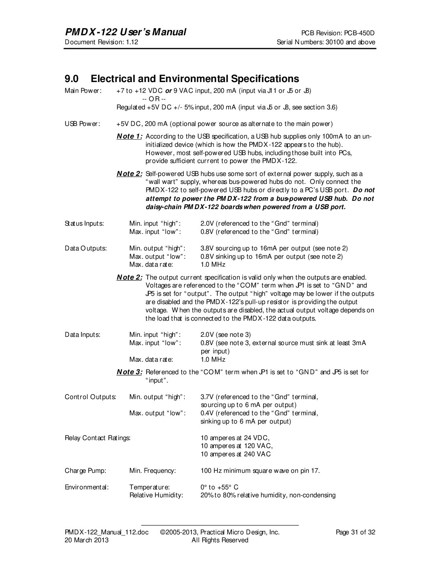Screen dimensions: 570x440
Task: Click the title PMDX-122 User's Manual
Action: [x=125, y=32]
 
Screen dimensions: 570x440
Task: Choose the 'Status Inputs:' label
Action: [x=84, y=224]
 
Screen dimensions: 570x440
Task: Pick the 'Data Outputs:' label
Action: [x=86, y=248]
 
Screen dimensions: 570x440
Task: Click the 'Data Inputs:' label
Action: [x=82, y=335]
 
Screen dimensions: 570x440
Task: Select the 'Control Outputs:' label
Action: [x=90, y=397]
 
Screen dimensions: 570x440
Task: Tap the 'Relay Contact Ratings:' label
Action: [x=97, y=438]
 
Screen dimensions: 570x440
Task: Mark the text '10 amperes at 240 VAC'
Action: [x=235, y=454]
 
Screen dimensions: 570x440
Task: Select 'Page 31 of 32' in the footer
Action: [x=355, y=532]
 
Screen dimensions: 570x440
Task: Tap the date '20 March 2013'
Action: [x=86, y=540]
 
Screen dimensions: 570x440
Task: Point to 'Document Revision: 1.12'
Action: [x=101, y=42]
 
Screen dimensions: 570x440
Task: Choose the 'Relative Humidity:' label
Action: [x=156, y=495]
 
